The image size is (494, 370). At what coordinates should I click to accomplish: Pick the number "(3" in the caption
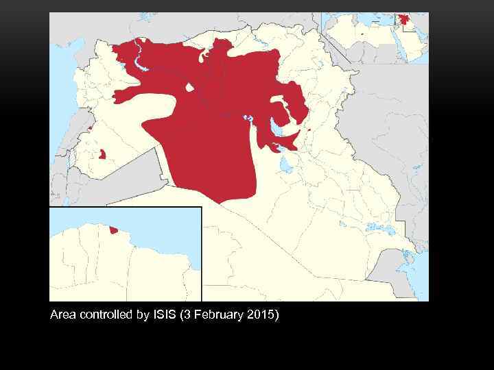tap(185, 315)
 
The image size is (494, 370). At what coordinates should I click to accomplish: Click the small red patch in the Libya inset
tap(113, 230)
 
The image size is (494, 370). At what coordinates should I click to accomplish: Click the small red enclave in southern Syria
tap(102, 154)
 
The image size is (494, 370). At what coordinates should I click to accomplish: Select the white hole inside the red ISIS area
tap(189, 88)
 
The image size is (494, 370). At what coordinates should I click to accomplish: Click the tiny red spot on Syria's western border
tap(90, 128)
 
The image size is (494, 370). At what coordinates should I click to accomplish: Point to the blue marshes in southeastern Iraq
tap(374, 226)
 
